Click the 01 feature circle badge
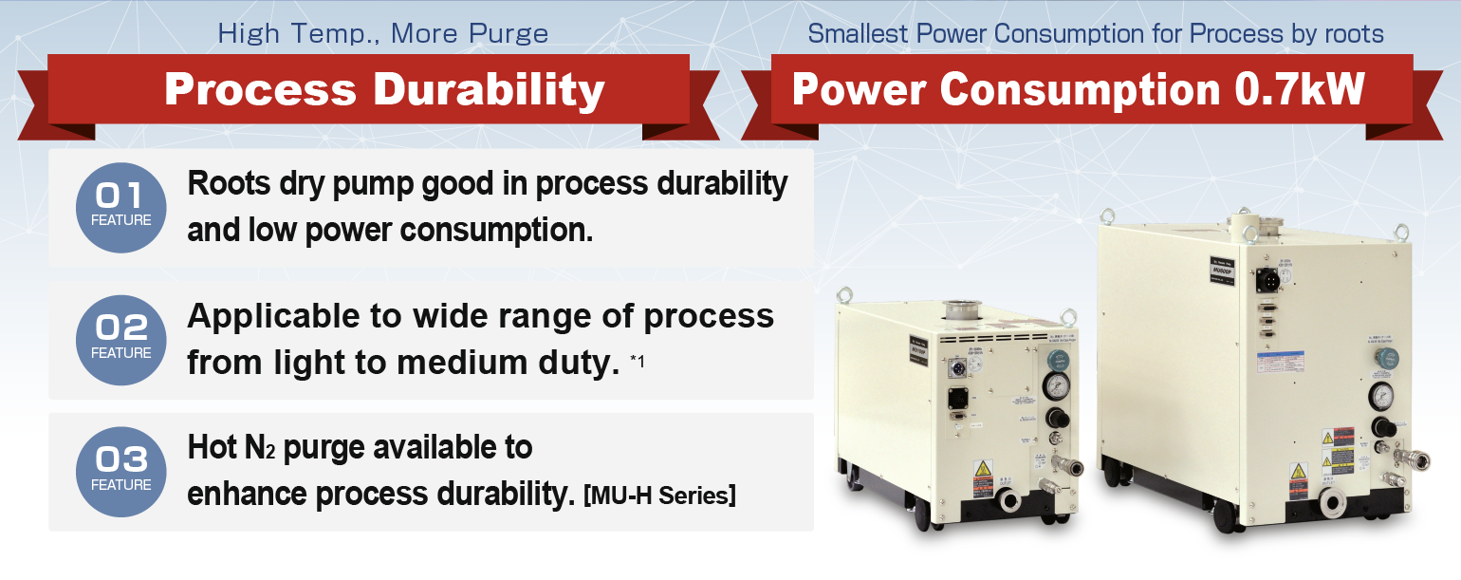120,207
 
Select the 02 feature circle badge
120,339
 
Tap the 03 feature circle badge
120,471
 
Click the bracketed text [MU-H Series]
660,496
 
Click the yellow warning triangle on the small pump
983,469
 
